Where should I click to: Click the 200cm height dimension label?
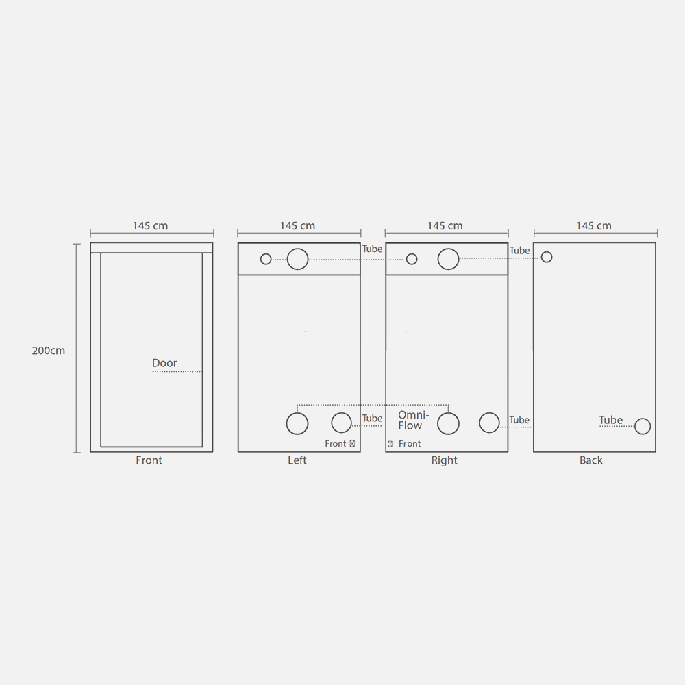click(x=49, y=350)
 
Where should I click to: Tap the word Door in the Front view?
click(x=164, y=363)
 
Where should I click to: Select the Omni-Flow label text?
click(x=413, y=421)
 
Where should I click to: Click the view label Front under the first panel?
click(x=149, y=460)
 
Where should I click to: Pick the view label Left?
click(x=297, y=460)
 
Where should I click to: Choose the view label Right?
click(x=445, y=460)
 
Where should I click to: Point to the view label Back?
click(x=591, y=460)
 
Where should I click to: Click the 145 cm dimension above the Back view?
click(x=594, y=226)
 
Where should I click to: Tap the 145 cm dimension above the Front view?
click(x=150, y=226)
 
